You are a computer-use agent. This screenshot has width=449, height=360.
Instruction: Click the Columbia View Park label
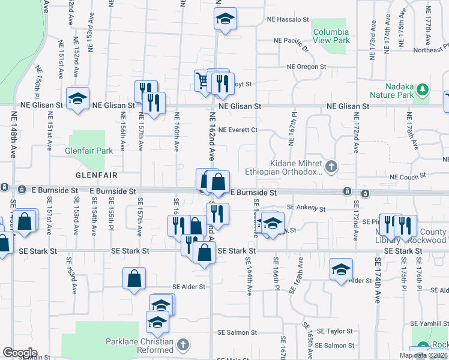(330, 36)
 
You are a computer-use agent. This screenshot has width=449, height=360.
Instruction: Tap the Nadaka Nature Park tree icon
(423, 89)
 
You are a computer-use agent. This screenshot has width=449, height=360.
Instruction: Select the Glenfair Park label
(89, 151)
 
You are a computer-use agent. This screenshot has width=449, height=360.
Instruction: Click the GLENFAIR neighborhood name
(95, 175)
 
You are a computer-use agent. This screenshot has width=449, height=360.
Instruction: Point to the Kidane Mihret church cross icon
(331, 165)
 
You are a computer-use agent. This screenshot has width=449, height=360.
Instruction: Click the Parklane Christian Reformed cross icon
(183, 345)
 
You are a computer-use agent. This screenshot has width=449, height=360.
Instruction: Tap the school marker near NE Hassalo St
(225, 19)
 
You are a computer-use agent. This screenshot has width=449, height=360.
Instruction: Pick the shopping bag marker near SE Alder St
(134, 278)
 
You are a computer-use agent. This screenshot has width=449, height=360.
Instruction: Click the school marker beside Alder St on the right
(340, 269)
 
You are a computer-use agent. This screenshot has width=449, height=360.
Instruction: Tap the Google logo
(20, 353)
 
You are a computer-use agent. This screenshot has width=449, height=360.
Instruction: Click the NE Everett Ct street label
(238, 130)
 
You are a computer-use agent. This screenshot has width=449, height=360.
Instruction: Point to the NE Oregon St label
(306, 67)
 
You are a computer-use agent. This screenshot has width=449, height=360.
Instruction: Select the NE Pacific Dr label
(291, 41)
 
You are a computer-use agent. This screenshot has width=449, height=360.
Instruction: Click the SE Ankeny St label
(306, 209)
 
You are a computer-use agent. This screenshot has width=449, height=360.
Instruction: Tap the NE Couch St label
(407, 177)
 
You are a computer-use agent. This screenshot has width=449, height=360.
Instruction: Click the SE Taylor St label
(335, 331)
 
